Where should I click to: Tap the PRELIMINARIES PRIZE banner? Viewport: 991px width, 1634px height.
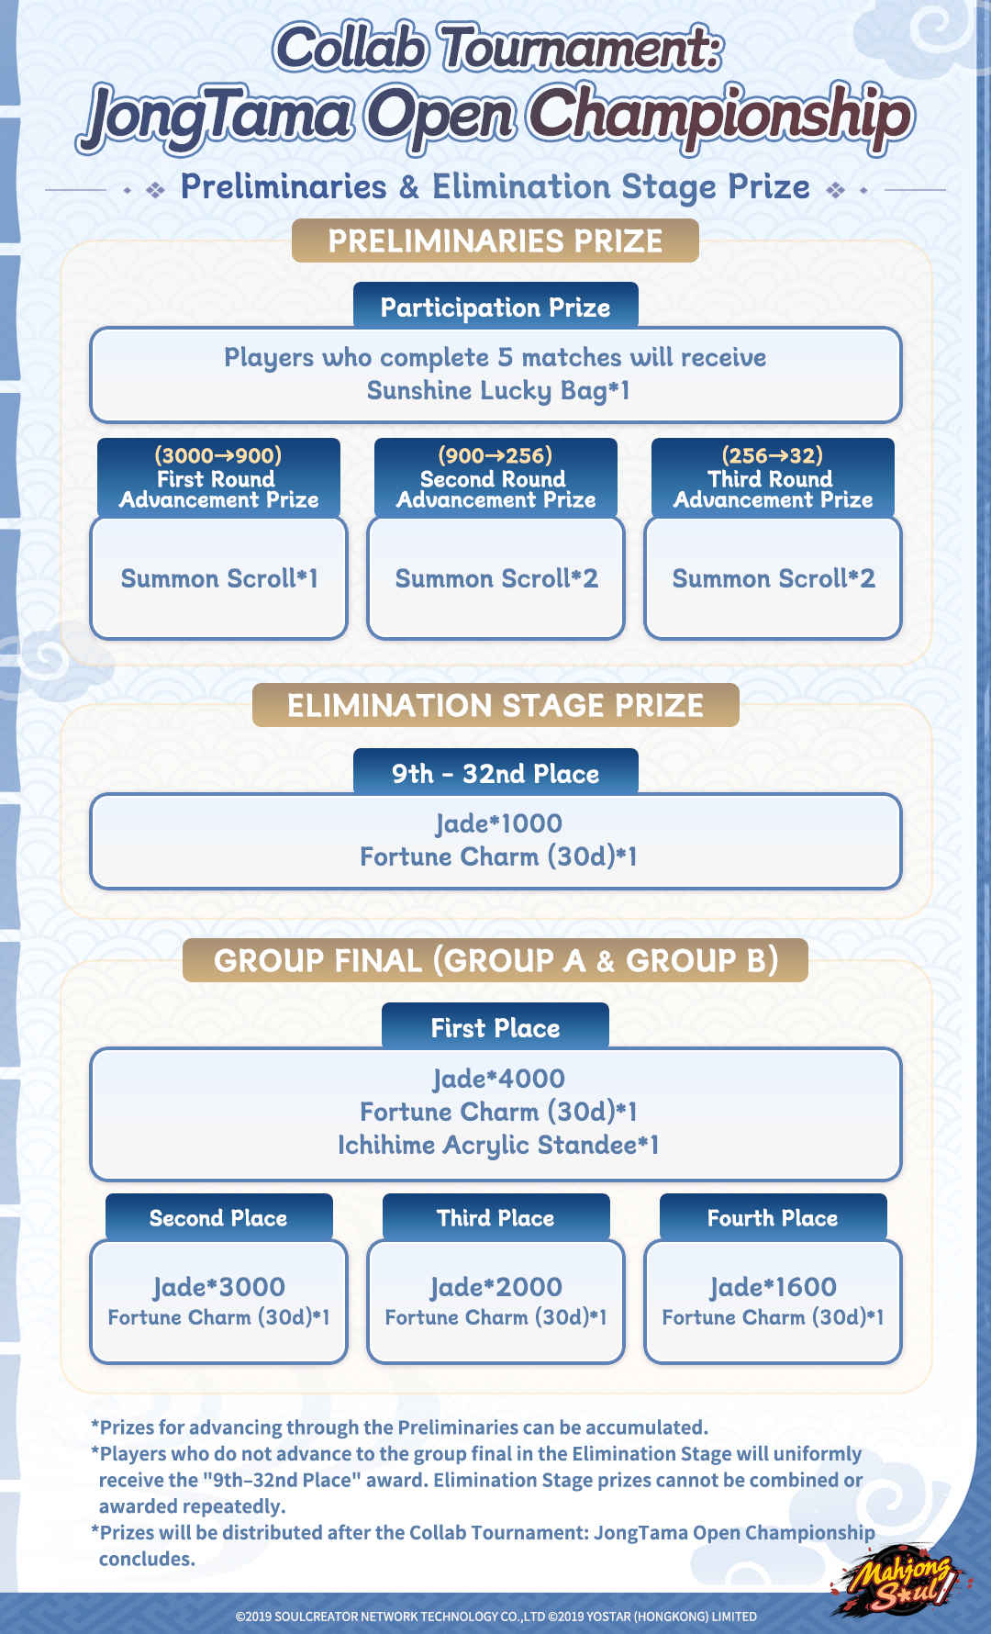click(x=495, y=241)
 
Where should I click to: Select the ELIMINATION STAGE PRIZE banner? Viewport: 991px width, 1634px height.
click(x=495, y=705)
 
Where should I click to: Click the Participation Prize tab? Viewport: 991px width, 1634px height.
click(x=495, y=307)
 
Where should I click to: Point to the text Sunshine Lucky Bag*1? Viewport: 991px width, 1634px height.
click(x=498, y=391)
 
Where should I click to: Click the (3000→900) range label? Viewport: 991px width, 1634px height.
click(x=218, y=455)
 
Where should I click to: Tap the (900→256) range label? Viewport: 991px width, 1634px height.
click(x=495, y=455)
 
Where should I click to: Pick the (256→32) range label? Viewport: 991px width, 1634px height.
click(x=773, y=455)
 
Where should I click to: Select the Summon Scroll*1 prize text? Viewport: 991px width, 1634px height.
click(x=219, y=578)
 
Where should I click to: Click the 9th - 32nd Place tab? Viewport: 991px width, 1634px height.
click(x=495, y=773)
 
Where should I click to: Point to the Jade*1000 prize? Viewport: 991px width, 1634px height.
click(x=498, y=823)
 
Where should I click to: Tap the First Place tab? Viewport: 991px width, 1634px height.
click(x=495, y=1027)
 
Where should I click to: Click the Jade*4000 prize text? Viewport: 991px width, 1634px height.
click(x=498, y=1079)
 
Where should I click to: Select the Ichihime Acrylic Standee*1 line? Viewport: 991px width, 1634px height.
click(x=498, y=1145)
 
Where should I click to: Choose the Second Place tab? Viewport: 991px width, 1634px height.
click(x=218, y=1217)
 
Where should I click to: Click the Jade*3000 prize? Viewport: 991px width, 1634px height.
click(x=219, y=1286)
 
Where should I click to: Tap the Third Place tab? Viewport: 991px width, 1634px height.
click(x=495, y=1217)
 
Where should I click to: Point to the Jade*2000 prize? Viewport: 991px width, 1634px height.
click(x=496, y=1286)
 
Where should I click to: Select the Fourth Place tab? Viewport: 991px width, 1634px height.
click(x=773, y=1217)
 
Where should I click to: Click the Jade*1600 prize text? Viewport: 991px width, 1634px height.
click(x=774, y=1286)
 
